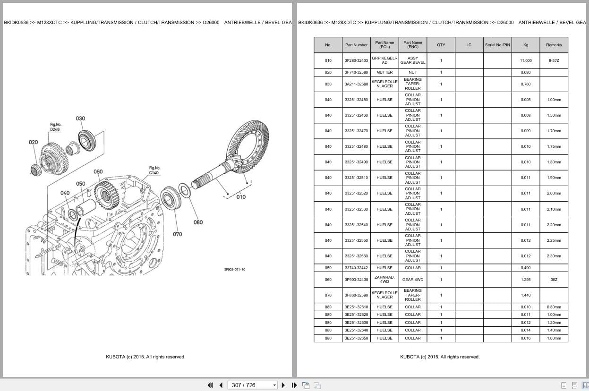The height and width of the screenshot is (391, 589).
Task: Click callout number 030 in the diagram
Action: click(x=80, y=119)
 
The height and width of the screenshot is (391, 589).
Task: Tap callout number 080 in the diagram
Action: click(x=198, y=222)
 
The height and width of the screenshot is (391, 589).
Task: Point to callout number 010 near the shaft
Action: click(x=241, y=197)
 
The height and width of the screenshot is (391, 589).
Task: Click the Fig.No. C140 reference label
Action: click(x=154, y=170)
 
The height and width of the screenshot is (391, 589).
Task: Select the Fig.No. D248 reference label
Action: click(x=55, y=127)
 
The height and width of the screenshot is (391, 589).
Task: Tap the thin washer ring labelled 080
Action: click(x=185, y=190)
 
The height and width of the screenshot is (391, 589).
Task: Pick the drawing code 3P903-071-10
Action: click(x=235, y=270)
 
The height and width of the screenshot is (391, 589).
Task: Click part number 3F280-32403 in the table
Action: click(x=356, y=61)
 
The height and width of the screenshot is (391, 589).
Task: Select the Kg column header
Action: click(x=526, y=45)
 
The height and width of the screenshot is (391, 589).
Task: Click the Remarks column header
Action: click(x=554, y=45)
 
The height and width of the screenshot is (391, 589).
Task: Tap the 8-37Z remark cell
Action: click(x=554, y=61)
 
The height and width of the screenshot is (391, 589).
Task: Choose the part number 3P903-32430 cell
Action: click(x=356, y=280)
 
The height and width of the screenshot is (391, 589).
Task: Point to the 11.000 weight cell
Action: click(x=526, y=61)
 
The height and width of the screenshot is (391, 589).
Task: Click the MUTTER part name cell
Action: click(x=384, y=72)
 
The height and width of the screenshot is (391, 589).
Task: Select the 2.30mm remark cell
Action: click(x=554, y=256)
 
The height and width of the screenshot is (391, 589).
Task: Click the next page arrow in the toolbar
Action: click(x=283, y=385)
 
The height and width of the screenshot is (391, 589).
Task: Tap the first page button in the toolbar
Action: click(x=210, y=385)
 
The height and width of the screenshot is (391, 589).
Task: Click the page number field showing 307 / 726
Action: click(x=252, y=385)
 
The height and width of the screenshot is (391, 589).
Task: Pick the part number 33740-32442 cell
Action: click(x=356, y=268)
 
